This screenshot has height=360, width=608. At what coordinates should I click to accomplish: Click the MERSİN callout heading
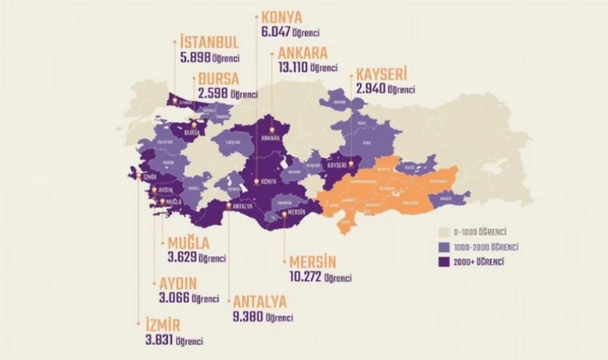[314, 262]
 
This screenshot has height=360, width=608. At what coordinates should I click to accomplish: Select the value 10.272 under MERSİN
[305, 277]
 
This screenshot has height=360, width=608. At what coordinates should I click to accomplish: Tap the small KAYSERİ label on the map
[336, 166]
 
